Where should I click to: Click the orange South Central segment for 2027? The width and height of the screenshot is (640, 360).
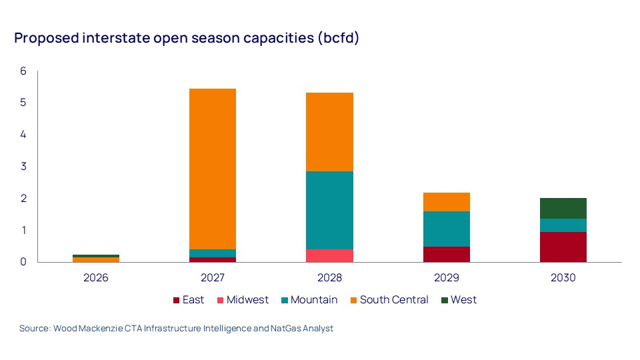tap(213, 169)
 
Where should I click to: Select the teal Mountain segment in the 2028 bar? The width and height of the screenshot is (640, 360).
tap(329, 210)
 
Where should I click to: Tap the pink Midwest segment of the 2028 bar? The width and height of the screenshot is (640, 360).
tap(329, 255)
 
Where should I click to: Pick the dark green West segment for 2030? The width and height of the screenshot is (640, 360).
tap(563, 208)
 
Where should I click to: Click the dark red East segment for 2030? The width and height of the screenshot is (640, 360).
tap(563, 247)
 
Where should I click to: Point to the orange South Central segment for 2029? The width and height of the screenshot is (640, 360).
tap(446, 202)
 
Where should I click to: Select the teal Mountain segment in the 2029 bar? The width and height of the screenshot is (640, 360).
tap(446, 229)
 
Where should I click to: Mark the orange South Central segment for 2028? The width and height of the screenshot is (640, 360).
tap(329, 132)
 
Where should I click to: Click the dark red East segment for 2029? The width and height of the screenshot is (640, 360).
tap(446, 254)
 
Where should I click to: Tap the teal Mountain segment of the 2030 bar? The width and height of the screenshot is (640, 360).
tap(563, 225)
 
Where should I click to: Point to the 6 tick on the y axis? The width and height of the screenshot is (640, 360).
tap(23, 71)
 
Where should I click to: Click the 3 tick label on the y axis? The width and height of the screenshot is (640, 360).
tap(23, 167)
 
